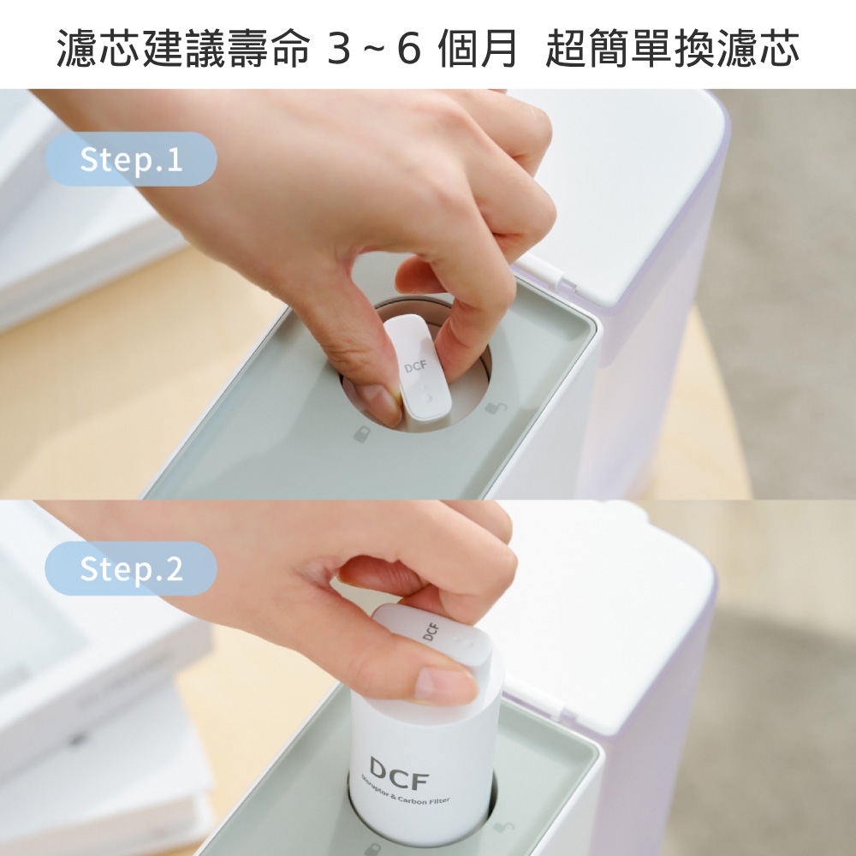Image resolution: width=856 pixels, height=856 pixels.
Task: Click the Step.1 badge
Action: click(130, 160)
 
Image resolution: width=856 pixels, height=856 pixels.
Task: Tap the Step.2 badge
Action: click(130, 569)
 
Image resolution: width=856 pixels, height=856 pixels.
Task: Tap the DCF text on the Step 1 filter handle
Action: click(415, 367)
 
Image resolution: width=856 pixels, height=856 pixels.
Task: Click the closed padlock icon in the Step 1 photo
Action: click(362, 434)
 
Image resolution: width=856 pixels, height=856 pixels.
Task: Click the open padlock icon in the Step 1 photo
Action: click(495, 407)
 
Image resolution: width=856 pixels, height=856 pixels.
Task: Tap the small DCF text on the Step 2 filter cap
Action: click(431, 633)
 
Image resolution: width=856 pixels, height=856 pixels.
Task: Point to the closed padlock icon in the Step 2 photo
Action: click(372, 849)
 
